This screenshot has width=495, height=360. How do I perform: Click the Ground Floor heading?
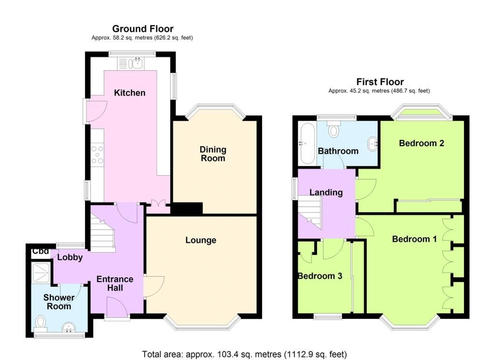coord(143,29)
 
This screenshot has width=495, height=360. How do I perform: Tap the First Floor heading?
coord(380,82)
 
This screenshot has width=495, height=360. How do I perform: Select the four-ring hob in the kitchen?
coord(97,154)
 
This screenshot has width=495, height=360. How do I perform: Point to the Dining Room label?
coord(213,153)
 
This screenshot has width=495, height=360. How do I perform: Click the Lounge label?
coord(201,240)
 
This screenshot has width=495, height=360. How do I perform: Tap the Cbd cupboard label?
coord(41,251)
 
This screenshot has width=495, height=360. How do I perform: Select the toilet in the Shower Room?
coord(41,323)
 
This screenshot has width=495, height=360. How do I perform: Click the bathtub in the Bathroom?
coord(306,143)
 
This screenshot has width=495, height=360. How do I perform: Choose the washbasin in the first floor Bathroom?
coord(373,144)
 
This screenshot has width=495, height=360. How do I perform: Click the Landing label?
coord(326,193)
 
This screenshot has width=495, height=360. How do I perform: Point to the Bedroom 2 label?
coord(422,143)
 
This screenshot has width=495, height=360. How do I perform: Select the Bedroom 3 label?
coord(320,276)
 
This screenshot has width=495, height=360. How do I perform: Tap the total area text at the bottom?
coord(244,354)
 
